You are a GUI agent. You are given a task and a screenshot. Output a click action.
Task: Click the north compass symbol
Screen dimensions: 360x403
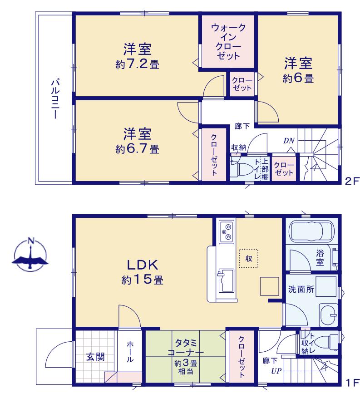[x=30, y=255]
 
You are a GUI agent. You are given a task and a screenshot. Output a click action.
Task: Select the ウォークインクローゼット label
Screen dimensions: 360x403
[x=228, y=42]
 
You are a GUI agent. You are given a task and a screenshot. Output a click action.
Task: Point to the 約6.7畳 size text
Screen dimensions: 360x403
[x=137, y=148]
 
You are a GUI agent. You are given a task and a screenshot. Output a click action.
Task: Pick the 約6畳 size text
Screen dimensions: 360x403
[x=298, y=78]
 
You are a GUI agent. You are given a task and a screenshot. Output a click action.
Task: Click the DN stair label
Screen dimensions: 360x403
[x=289, y=141]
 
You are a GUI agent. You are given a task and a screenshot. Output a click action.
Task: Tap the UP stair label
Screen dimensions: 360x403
[x=276, y=371]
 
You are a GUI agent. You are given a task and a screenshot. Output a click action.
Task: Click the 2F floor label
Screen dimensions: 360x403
[x=352, y=182]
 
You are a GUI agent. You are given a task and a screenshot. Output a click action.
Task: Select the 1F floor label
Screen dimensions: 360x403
[x=352, y=383]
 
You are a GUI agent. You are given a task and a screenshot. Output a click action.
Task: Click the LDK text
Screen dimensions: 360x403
[x=143, y=265]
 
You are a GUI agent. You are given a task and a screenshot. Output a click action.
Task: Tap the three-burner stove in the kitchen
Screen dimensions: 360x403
[x=227, y=231]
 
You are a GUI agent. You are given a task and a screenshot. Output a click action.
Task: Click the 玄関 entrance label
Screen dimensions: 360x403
[x=95, y=357]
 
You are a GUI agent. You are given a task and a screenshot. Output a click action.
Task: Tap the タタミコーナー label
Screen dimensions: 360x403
[x=186, y=348]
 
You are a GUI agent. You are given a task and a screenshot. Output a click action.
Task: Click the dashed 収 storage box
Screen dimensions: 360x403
[x=248, y=258]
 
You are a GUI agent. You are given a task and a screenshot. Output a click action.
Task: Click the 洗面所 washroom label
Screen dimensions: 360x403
[x=301, y=290]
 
